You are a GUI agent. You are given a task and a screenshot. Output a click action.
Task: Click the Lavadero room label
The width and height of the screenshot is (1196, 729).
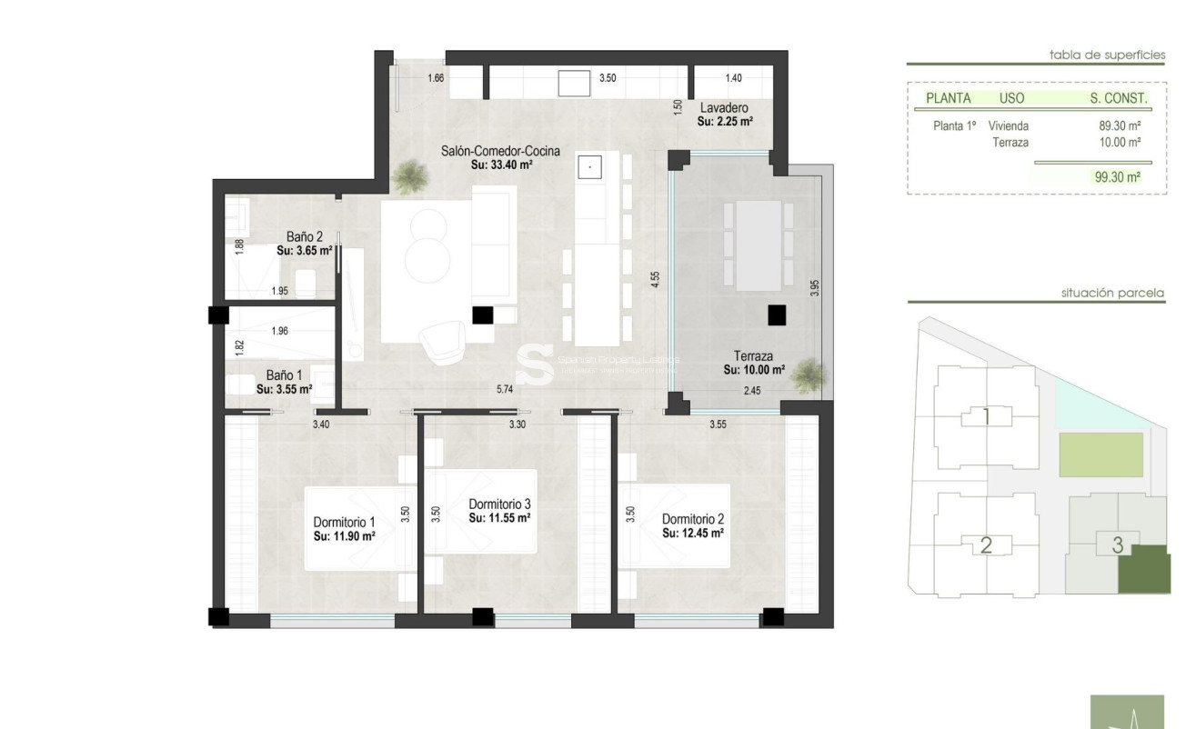tap(724, 107)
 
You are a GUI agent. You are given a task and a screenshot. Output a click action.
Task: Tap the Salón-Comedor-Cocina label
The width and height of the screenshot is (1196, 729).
tap(500, 152)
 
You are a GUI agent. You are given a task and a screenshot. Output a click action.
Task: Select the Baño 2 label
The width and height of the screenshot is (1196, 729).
tap(279, 236)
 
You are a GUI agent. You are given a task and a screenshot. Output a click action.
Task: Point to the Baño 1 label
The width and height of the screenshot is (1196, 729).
tap(285, 374)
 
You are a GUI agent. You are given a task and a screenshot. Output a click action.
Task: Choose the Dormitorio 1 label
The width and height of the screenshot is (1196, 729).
tap(345, 523)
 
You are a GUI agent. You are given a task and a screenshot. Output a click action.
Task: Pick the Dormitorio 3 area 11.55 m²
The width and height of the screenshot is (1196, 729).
tap(499, 517)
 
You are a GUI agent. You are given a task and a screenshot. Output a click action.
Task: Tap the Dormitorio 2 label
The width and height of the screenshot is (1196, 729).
tap(693, 520)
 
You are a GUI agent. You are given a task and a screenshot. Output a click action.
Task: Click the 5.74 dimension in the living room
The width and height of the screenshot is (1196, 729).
tap(506, 389)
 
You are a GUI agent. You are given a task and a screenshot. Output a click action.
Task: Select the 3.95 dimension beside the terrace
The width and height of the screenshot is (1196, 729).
tap(815, 288)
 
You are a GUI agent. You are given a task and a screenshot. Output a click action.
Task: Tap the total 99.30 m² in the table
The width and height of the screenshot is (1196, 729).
tap(1118, 178)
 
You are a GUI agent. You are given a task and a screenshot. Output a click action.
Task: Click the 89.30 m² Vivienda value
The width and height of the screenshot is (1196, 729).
tap(1120, 126)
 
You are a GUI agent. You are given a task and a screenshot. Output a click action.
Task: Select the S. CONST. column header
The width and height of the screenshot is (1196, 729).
tap(1119, 98)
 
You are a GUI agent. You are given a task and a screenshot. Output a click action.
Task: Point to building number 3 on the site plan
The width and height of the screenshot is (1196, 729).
tap(1118, 545)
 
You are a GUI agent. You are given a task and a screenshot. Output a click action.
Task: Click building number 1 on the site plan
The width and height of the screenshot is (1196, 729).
tap(986, 417)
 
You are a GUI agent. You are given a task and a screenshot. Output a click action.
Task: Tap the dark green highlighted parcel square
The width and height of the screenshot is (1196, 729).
tap(1144, 569)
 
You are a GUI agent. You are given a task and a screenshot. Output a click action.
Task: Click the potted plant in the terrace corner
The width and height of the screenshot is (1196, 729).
tap(806, 374)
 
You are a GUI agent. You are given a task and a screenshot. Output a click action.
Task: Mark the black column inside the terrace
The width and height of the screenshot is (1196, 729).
tap(776, 315)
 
